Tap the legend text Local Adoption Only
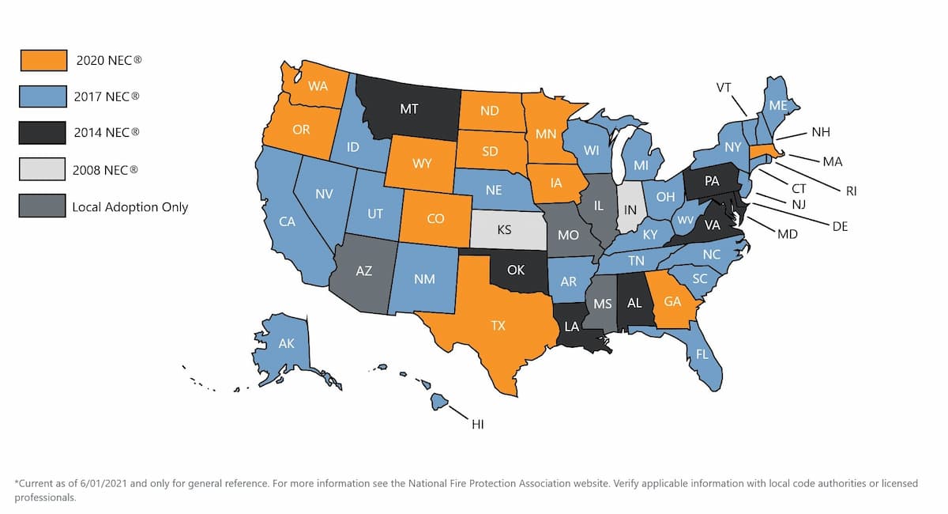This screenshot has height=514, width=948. pos(130,207)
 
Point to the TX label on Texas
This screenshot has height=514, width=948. pos(498,325)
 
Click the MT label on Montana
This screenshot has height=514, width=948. pos(408,109)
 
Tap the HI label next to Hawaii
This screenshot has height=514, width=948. pos(477,425)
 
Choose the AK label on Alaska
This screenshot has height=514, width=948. pos(288,344)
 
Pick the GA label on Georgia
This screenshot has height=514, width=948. pos(672,301)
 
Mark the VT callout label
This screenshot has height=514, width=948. pos(723,88)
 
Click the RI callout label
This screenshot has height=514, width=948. pos(851,191)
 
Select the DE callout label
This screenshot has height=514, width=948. pos(840,226)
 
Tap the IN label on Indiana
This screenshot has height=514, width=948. pos(630,210)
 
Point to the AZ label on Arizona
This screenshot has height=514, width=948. pos(363,271)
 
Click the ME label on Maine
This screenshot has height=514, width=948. pos(777,105)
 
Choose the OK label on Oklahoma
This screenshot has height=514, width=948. pos(515,270)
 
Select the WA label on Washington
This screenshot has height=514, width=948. pos(318,85)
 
